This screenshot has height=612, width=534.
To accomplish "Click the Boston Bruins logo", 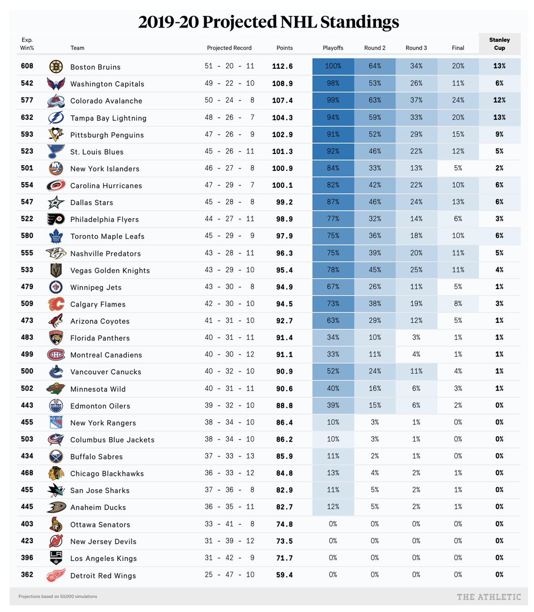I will pyautogui.click(x=56, y=66).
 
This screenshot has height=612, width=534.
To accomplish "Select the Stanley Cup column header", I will pyautogui.click(x=499, y=44).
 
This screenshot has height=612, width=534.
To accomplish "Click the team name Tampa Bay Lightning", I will pyautogui.click(x=108, y=118).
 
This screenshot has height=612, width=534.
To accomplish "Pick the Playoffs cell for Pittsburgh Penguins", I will pyautogui.click(x=333, y=134).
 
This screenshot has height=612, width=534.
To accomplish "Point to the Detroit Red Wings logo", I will pyautogui.click(x=56, y=575).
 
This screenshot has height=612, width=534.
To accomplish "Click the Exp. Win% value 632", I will pyautogui.click(x=27, y=117).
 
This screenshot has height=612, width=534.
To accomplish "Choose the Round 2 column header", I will pyautogui.click(x=375, y=48).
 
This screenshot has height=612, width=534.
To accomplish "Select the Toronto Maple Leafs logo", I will pyautogui.click(x=56, y=236).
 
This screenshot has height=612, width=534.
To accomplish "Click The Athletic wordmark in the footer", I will pyautogui.click(x=489, y=597).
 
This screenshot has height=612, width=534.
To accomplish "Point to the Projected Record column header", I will pyautogui.click(x=229, y=48).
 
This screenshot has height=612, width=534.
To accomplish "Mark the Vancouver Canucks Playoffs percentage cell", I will pyautogui.click(x=333, y=371).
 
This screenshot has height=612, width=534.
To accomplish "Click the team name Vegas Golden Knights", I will pyautogui.click(x=110, y=270).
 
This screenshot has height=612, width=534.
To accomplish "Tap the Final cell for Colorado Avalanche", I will pyautogui.click(x=458, y=100).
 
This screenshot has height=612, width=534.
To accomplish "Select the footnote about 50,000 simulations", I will pyautogui.click(x=58, y=596).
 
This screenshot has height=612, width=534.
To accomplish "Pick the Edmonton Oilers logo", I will pyautogui.click(x=56, y=405).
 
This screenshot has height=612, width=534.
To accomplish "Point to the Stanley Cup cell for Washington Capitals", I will pyautogui.click(x=499, y=83).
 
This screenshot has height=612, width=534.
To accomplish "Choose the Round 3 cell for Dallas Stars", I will pyautogui.click(x=416, y=202).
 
